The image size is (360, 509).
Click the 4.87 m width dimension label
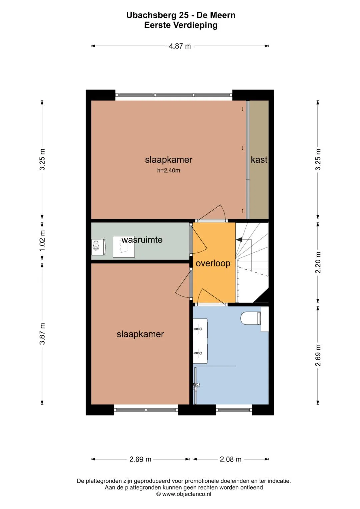[180, 46]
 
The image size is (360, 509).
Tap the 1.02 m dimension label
[42, 241]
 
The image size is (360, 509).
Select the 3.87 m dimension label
[42, 334]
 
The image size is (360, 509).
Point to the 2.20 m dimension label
[318, 262]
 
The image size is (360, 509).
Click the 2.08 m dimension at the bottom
[230, 459]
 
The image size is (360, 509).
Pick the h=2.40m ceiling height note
[169, 170]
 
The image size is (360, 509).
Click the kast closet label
[259, 160]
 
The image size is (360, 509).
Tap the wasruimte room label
[142, 240]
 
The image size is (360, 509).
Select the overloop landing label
[213, 263]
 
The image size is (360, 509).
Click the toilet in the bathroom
[250, 318]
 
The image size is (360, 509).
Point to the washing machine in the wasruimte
[98, 247]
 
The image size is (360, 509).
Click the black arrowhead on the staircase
[239, 239]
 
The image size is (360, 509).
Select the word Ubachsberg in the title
[157, 15]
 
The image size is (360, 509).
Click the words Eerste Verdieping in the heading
[181, 25]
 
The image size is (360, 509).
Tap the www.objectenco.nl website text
[187, 494]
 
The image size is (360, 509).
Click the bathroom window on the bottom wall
[234, 410]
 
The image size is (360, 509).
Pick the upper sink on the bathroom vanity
[198, 329]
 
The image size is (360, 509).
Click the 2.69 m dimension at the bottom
[140, 459]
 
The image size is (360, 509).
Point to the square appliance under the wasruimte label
[124, 247]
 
